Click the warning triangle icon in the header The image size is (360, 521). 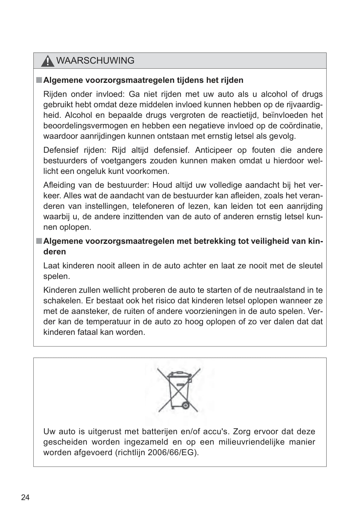[47, 61]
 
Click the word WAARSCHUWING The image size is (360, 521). [95, 60]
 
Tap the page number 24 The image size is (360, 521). [25, 497]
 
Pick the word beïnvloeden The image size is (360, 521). [285, 115]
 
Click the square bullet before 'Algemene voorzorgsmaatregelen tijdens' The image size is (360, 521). [39, 80]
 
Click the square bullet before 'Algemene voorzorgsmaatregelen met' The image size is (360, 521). [39, 241]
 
